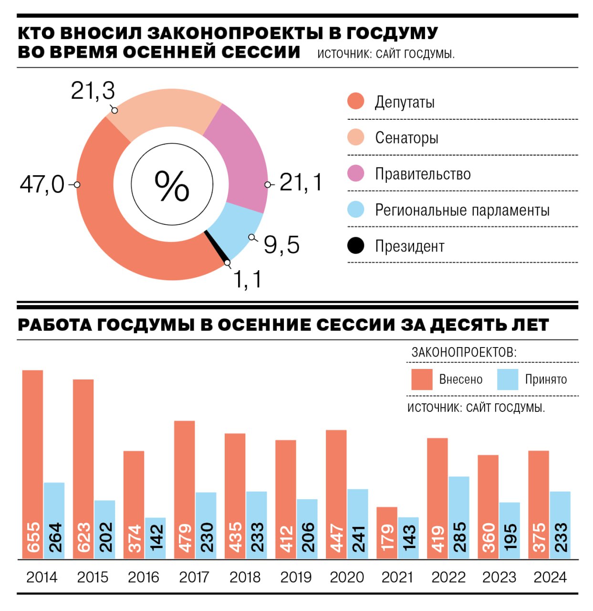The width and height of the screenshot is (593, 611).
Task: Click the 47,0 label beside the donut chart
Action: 42,184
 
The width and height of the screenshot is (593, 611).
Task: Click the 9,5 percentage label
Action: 281,245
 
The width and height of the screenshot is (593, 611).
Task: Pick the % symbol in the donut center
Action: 172,186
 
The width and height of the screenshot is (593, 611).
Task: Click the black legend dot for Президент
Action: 355,246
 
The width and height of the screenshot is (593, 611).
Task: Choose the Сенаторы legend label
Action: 406,138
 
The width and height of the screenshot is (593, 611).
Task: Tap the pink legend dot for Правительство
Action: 355,174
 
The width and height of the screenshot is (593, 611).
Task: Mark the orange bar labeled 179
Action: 387,532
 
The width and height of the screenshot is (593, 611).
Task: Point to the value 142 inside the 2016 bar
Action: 156,538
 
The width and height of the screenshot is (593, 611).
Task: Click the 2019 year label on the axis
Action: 296,577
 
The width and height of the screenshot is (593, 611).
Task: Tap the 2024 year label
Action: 550,577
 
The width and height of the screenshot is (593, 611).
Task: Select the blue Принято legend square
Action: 508,379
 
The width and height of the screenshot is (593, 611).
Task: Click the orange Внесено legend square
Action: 422,379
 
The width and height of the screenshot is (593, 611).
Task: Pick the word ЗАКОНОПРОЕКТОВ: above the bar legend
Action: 464,352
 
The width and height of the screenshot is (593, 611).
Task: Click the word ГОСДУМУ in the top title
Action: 392,33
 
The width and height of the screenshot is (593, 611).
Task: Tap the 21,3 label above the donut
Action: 93,91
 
